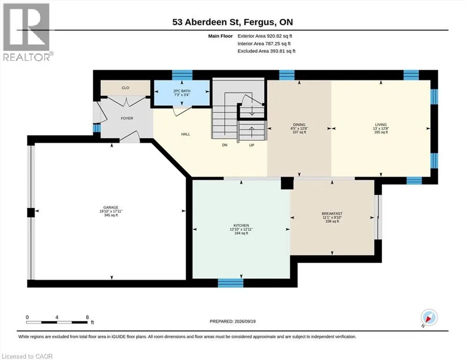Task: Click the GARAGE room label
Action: [x=111, y=208]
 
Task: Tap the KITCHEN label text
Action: [x=241, y=225]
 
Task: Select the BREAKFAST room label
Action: [x=332, y=214]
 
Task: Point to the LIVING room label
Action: [x=381, y=125]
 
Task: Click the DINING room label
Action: [x=299, y=125]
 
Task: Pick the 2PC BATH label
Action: [x=182, y=91]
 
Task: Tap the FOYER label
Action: [x=127, y=118]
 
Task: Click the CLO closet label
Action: [x=125, y=88]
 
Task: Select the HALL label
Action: [x=185, y=134]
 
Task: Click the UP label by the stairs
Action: [x=251, y=145]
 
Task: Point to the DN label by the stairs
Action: [x=225, y=145]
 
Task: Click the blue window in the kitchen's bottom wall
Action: [x=231, y=283]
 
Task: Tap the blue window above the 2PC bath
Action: [x=182, y=75]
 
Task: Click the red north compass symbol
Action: [x=429, y=318]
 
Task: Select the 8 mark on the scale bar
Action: [x=87, y=317]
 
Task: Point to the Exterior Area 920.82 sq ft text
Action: [x=265, y=36]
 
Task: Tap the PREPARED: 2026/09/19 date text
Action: [x=232, y=321]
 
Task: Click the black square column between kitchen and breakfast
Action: [x=287, y=183]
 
